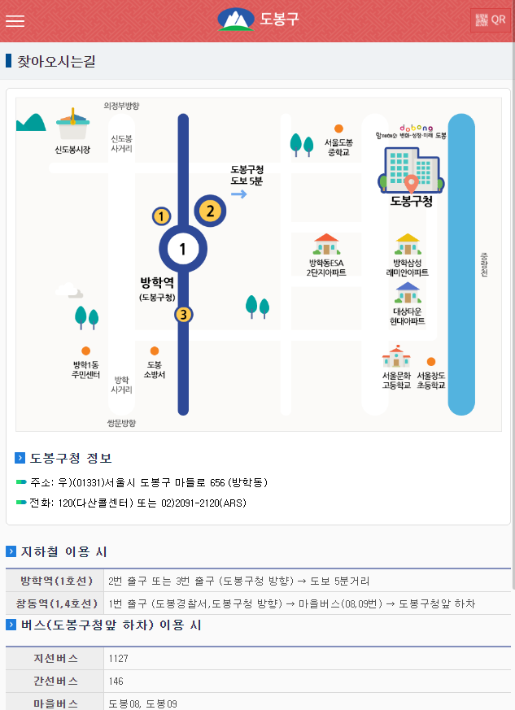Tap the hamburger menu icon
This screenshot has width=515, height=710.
click(15, 21)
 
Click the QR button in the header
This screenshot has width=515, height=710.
click(490, 20)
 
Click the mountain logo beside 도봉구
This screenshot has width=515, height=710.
click(236, 20)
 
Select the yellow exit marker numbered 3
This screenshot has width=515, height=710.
click(184, 315)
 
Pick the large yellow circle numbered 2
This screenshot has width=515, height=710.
click(210, 211)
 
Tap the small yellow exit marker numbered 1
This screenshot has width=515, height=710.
click(162, 216)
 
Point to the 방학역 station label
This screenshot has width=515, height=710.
click(157, 283)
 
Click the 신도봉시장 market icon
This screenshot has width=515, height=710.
click(73, 127)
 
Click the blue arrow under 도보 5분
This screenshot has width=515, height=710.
click(239, 194)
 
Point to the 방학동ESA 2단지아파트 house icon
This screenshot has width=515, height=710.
click(326, 243)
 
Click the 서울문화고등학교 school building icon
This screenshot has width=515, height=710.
click(395, 357)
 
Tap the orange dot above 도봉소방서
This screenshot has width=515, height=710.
click(154, 351)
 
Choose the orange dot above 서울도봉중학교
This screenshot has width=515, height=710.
click(338, 128)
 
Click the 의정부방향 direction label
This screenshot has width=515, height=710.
click(122, 106)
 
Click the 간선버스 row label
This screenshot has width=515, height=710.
click(55, 681)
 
